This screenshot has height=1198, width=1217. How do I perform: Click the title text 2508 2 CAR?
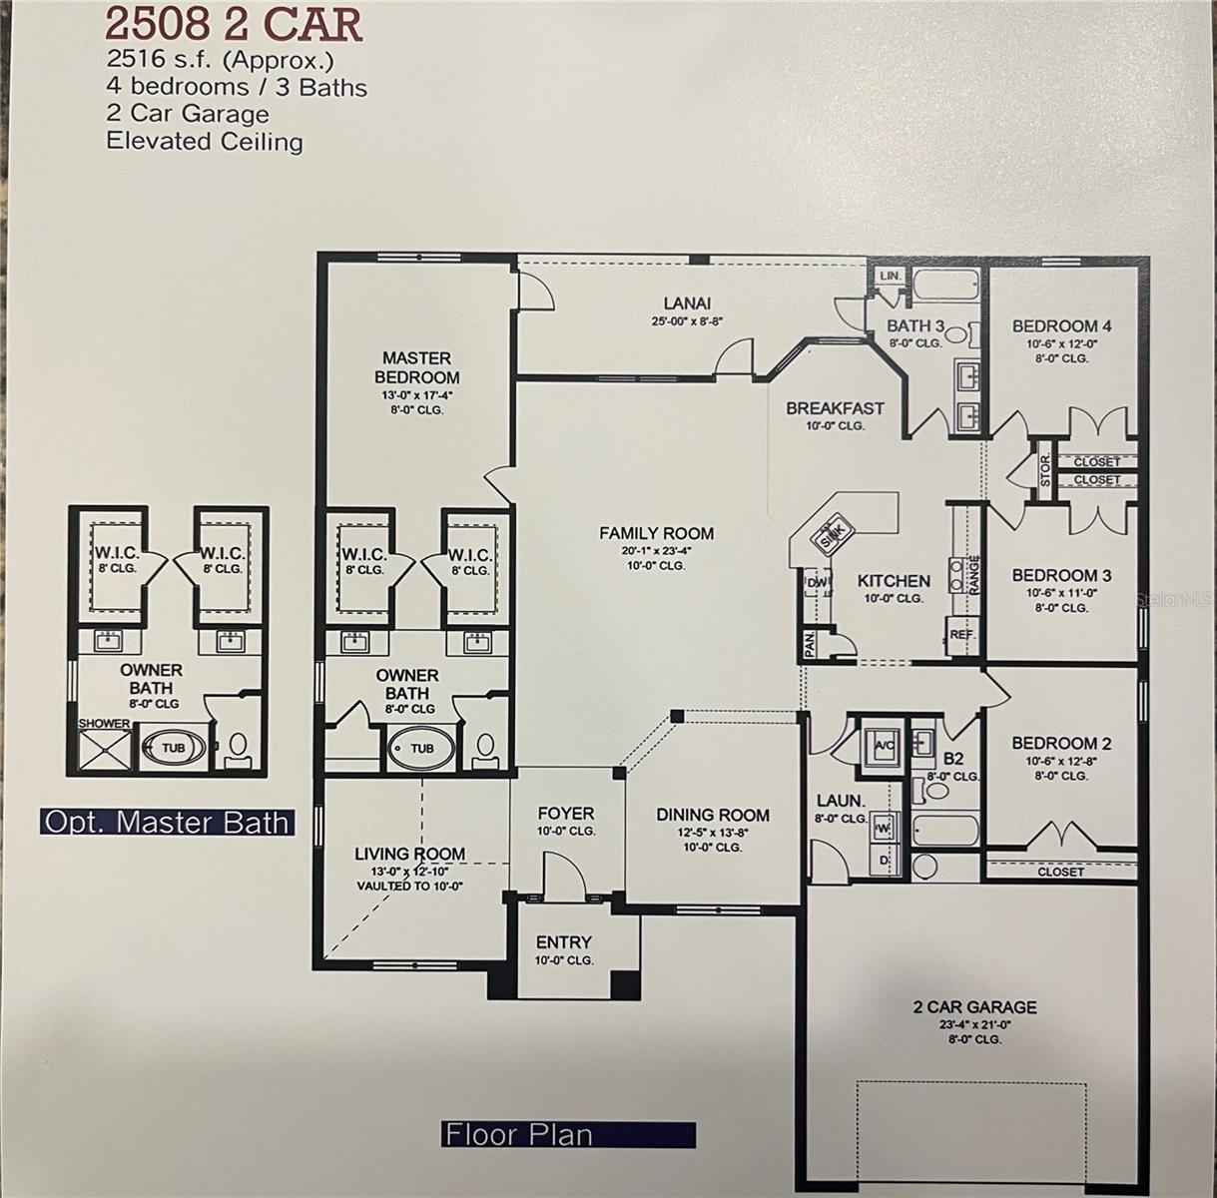coord(234,24)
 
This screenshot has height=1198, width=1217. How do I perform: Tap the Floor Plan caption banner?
coord(567,1135)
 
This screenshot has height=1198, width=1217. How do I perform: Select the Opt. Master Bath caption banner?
coord(168,822)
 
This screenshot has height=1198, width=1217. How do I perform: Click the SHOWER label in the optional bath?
coord(105,723)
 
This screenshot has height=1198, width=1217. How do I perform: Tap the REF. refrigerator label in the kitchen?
coord(961,634)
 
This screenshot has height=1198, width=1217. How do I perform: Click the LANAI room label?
coord(687,303)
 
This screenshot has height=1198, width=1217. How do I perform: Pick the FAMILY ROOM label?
coord(656,533)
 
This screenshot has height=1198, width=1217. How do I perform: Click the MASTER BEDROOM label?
coord(417,367)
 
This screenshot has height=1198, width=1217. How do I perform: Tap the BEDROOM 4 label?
coord(1061,326)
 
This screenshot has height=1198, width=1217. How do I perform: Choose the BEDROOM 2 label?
coord(1061,743)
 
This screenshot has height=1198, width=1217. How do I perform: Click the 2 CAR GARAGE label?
coord(974,1007)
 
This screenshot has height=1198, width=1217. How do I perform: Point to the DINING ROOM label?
coord(713,815)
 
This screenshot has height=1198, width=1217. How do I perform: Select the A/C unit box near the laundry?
coord(884,744)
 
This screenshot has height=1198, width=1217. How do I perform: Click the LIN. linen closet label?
coord(891,276)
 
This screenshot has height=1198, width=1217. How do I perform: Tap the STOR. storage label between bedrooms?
coord(1045,471)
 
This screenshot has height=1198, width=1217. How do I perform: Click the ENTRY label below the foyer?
coord(564,941)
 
